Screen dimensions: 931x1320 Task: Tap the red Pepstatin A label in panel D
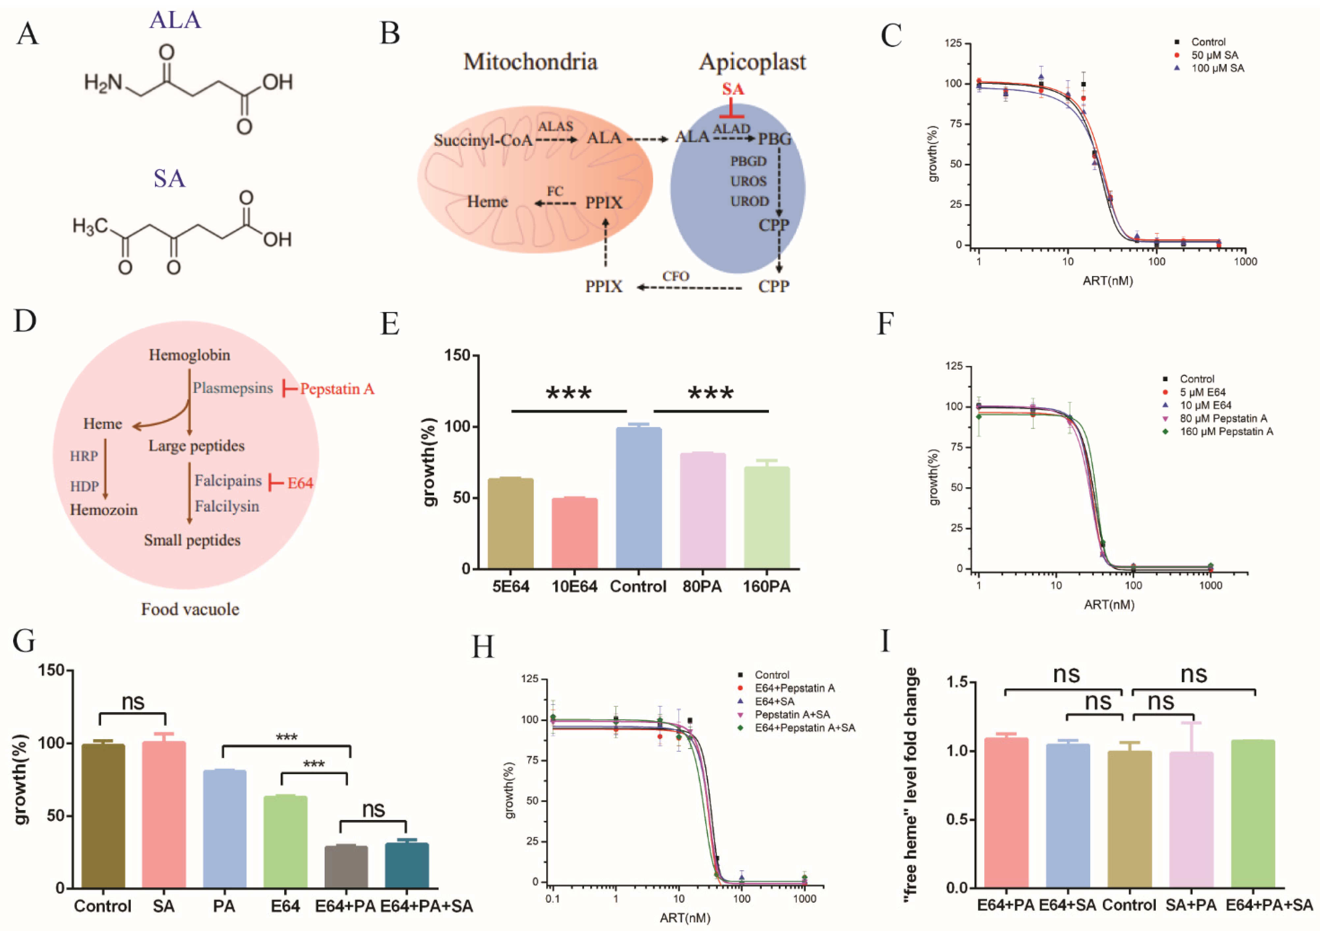337,389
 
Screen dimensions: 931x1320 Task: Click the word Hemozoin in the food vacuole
104,510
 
